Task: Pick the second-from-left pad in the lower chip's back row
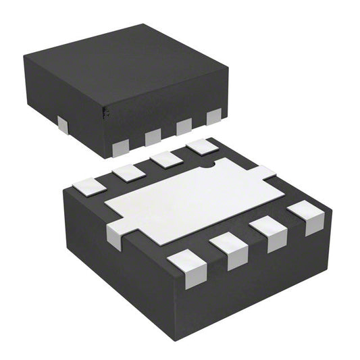[128, 172]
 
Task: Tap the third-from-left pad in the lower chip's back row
[165, 159]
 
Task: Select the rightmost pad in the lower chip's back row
[201, 146]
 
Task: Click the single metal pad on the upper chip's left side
[62, 123]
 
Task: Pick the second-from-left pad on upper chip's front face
[153, 136]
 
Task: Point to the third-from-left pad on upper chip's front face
[184, 126]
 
